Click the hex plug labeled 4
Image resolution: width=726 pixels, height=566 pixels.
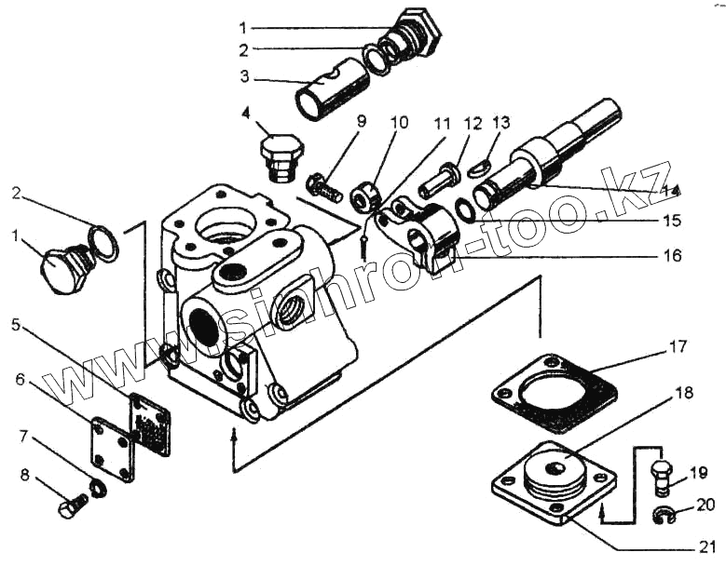coord(279,155)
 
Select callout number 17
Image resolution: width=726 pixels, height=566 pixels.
coord(678,347)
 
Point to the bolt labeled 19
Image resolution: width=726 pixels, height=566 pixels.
coord(660,474)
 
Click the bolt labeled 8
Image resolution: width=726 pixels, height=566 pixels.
coord(71,506)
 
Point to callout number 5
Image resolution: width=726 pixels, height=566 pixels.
coord(16,325)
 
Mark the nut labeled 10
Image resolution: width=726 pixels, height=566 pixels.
coord(364,195)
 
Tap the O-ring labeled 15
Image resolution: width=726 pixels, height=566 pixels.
coord(466,210)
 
